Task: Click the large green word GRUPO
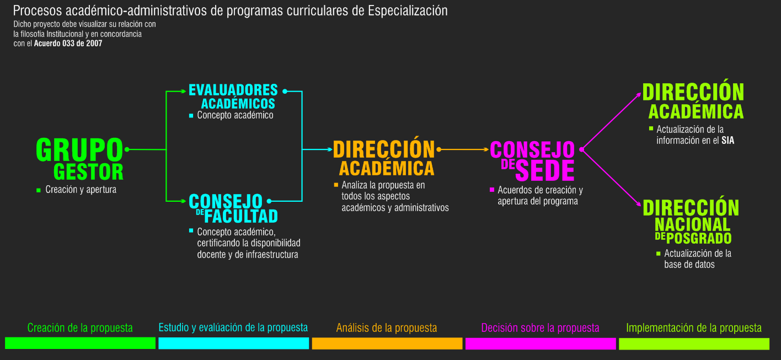tap(79, 149)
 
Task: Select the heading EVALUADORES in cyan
tap(233, 90)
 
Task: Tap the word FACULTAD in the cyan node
tap(241, 217)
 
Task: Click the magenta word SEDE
tap(544, 170)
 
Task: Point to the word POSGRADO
tap(699, 238)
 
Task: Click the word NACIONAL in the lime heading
tap(692, 225)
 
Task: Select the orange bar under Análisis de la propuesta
tap(387, 343)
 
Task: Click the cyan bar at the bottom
tap(234, 343)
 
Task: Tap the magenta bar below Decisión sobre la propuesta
tap(541, 343)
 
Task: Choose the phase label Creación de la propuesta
tap(80, 327)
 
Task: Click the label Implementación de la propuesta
tap(694, 328)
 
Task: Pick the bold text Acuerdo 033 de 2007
tap(68, 44)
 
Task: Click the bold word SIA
tap(728, 141)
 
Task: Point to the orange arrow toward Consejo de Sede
tap(464, 149)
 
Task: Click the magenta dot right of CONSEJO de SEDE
tap(581, 149)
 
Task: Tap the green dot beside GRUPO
tap(127, 149)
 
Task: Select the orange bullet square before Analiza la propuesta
tap(336, 185)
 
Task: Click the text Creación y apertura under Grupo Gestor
tap(81, 190)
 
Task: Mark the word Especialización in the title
tap(408, 11)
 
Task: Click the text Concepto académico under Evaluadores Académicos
tap(235, 115)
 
